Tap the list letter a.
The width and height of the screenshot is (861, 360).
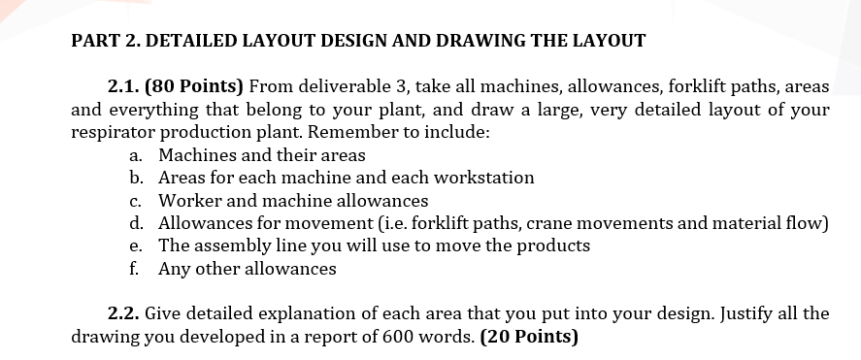tap(137, 155)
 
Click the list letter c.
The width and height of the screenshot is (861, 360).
tap(137, 201)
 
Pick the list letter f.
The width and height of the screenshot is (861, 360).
tap(136, 269)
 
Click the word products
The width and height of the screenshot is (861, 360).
tap(550, 245)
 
